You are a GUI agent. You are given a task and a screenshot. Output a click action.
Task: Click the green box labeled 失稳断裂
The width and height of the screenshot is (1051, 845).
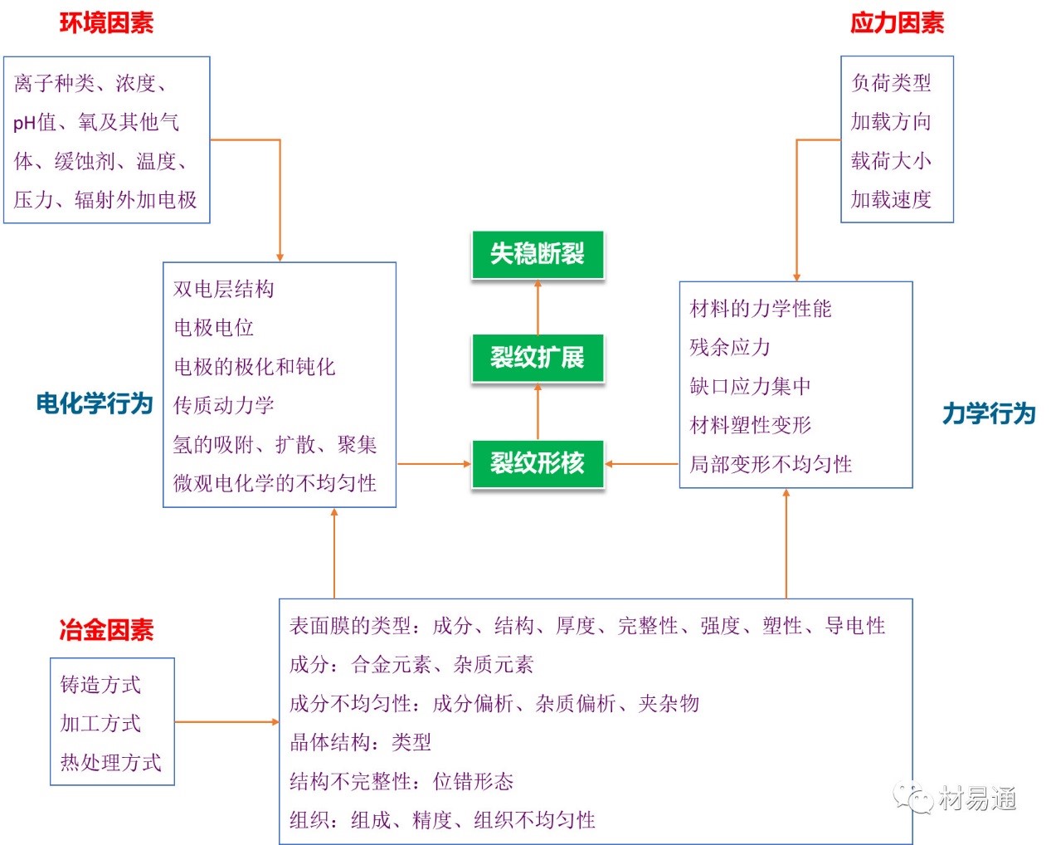538,254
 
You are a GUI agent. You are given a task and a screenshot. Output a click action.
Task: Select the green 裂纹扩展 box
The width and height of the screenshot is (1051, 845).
538,358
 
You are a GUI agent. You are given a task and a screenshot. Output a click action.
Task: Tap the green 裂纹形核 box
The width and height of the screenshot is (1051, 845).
538,463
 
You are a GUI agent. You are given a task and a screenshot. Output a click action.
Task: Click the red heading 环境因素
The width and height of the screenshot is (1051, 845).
106,23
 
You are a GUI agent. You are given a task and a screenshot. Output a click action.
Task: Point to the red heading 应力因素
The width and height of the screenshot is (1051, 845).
897,23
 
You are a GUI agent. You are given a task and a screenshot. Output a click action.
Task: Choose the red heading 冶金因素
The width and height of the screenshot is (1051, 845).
106,630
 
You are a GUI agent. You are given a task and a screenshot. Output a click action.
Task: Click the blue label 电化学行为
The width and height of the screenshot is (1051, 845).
95,404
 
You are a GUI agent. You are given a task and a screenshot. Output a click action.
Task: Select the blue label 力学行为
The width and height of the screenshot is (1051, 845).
989,413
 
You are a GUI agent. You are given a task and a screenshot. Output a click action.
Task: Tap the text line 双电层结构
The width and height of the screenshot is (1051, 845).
224,289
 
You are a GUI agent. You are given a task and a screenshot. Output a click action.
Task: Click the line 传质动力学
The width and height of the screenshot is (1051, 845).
224,405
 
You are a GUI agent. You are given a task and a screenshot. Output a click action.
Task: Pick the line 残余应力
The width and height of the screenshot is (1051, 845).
730,347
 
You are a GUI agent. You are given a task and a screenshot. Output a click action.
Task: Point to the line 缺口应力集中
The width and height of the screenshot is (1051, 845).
750,386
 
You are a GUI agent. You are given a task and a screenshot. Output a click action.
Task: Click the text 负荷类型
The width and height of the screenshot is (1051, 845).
892,83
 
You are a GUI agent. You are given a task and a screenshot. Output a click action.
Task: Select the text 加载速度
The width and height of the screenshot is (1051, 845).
892,199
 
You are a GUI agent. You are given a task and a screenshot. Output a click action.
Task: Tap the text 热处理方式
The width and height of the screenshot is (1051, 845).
110,762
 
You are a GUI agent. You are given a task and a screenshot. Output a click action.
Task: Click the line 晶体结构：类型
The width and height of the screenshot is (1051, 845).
360,742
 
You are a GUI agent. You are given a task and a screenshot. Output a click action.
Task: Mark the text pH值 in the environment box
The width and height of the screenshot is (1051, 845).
35,123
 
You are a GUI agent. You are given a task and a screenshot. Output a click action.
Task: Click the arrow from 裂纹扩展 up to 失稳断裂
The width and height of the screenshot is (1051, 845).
538,306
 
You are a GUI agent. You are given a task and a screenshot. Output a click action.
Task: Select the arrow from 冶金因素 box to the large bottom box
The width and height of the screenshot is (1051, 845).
226,722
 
